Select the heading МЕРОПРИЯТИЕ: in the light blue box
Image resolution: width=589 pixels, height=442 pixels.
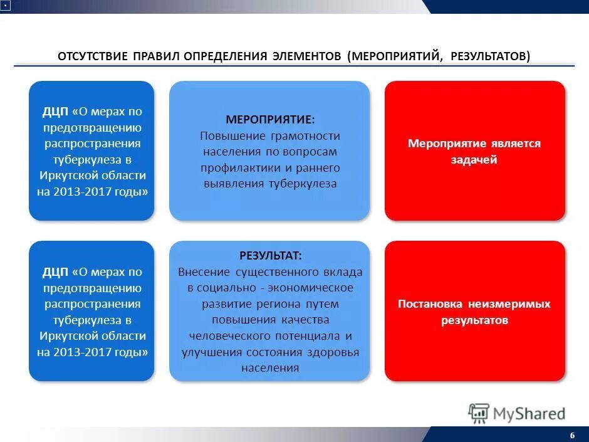[270, 119]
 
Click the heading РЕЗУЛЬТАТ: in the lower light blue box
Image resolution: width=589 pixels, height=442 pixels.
[270, 256]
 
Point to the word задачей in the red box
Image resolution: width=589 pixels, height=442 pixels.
[474, 160]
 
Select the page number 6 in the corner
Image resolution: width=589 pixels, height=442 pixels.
[572, 436]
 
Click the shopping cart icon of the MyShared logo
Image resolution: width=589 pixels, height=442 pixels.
[479, 413]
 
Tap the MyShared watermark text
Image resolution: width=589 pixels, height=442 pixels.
[529, 414]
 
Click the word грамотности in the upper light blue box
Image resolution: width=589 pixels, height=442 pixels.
[306, 135]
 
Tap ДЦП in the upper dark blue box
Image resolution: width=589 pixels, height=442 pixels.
[55, 112]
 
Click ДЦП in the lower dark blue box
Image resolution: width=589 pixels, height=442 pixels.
[55, 272]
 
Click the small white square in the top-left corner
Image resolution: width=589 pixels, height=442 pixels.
[5, 5]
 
